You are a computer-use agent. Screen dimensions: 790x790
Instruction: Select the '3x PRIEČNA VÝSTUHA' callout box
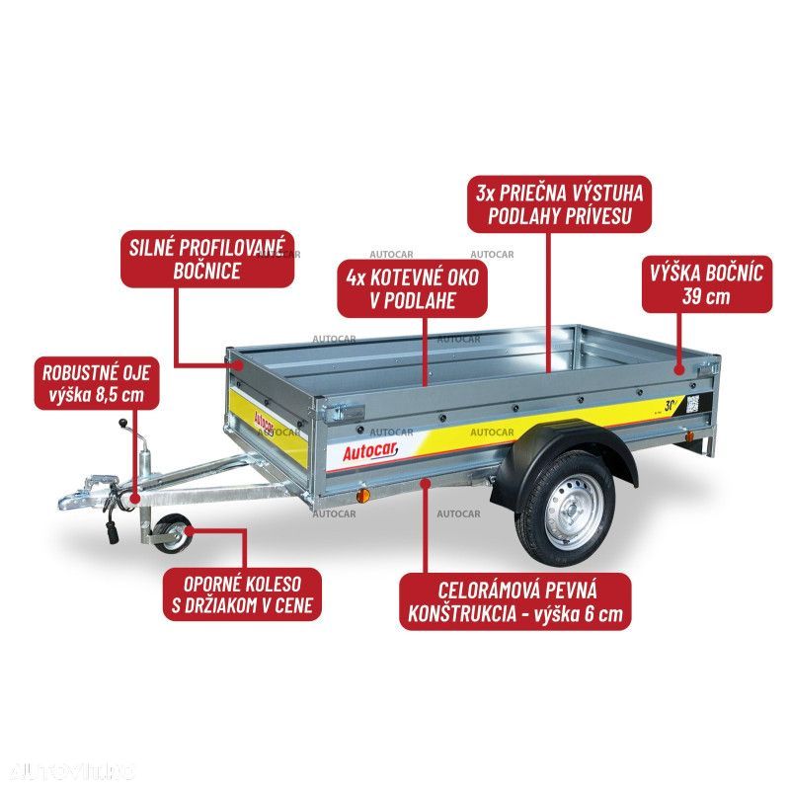pyautogui.click(x=558, y=204)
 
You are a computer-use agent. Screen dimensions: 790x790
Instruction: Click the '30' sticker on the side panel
pyautogui.click(x=670, y=405)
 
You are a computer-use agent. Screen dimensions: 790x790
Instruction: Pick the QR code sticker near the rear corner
pyautogui.click(x=693, y=404)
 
